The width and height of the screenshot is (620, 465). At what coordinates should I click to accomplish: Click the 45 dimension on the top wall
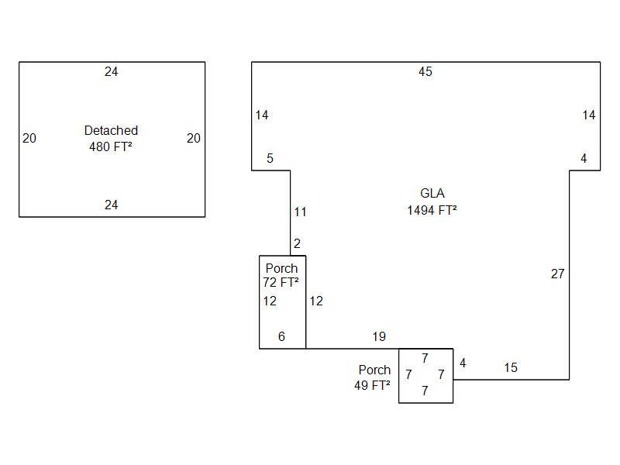coord(425,72)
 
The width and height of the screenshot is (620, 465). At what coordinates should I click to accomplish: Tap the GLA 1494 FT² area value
coord(432,210)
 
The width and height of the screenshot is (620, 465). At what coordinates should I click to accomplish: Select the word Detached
coord(111,131)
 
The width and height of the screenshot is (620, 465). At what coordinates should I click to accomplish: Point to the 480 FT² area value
coord(111,145)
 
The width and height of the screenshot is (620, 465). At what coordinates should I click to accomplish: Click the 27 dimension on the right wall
coord(557,274)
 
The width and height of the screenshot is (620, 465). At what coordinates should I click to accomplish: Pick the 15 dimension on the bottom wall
coord(511,368)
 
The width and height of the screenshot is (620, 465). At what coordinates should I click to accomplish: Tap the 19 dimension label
coord(379,337)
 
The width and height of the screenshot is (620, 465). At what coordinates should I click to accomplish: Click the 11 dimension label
coord(301,212)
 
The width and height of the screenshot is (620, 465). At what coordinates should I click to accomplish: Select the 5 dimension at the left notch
coord(270,159)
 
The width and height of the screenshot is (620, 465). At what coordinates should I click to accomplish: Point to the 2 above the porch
coord(297,244)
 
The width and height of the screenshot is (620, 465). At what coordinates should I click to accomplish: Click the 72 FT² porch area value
coord(281,283)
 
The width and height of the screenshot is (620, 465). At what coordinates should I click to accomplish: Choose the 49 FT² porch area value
coord(372,384)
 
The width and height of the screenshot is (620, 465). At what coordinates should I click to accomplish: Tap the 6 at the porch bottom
coord(281,337)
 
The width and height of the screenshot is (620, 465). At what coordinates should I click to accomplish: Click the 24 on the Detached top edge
coord(112,72)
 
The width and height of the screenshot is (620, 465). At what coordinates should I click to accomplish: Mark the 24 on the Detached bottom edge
coord(112,205)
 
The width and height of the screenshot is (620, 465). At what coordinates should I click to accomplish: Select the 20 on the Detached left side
coord(29,139)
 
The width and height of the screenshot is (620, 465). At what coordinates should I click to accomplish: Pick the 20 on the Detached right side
coord(194,139)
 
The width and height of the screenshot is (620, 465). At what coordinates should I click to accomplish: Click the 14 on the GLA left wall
coord(262,115)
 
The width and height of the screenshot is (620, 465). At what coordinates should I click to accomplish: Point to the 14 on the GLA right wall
coord(589,115)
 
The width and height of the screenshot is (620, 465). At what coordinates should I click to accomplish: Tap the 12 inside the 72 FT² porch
coord(270,301)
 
